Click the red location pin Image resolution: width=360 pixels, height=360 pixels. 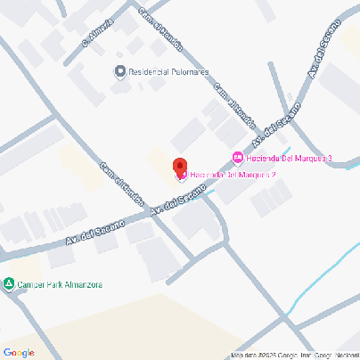(178, 167)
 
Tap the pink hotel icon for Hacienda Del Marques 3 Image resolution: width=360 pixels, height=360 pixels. (237, 159)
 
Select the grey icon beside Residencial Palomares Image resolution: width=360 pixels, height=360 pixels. (120, 71)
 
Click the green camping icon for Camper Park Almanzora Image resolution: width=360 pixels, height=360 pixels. (9, 285)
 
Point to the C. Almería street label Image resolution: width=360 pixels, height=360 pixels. (97, 33)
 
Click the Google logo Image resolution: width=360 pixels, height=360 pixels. (18, 352)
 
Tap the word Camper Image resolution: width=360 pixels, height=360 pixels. (31, 285)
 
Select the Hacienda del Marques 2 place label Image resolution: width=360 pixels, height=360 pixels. (233, 175)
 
